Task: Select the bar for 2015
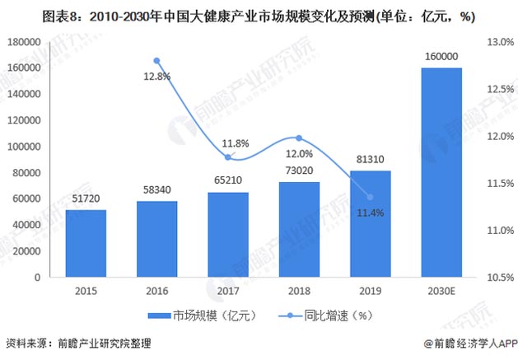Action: click(x=86, y=244)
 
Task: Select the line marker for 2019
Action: click(x=370, y=197)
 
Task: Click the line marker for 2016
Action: click(x=157, y=60)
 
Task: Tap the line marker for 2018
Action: click(x=299, y=138)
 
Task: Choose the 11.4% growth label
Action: click(x=370, y=213)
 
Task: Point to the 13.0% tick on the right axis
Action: click(x=498, y=41)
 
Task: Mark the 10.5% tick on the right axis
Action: click(x=498, y=278)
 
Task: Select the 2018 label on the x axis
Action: click(x=298, y=292)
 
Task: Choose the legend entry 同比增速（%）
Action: click(x=313, y=316)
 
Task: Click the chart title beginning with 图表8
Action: click(x=259, y=14)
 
